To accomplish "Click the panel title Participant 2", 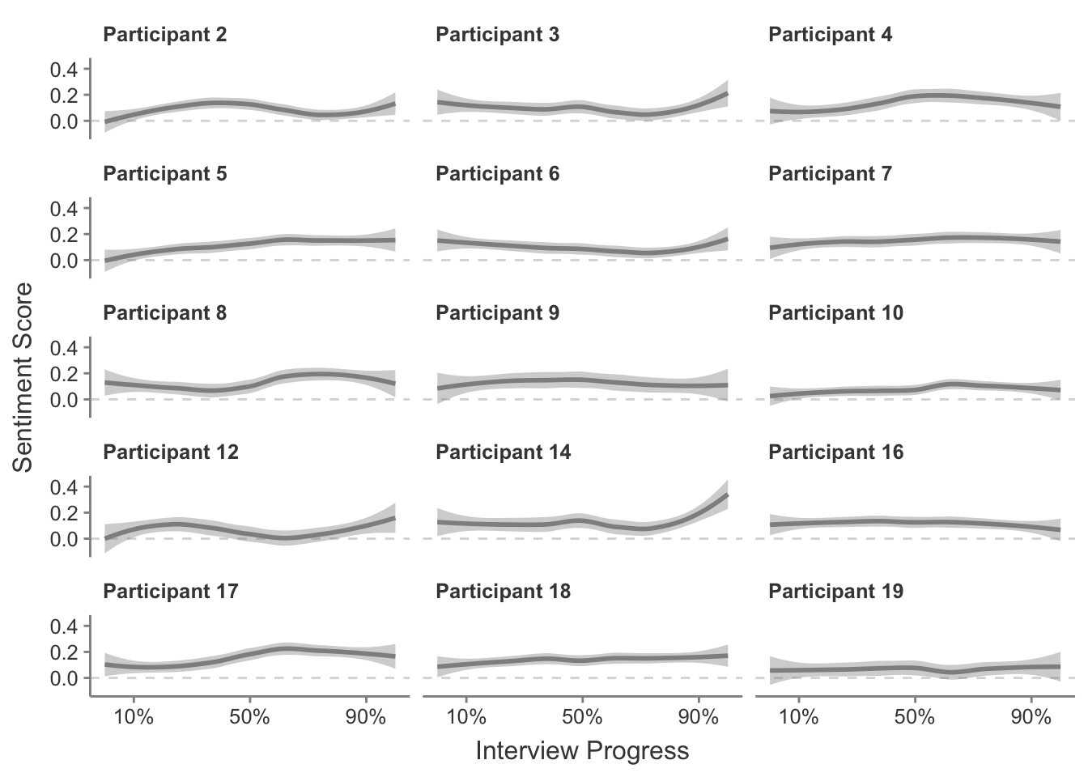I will click(165, 35).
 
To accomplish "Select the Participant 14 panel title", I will click(503, 452).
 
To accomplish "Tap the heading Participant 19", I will click(835, 592).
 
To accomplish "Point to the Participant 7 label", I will click(830, 174).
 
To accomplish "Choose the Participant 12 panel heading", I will click(171, 452).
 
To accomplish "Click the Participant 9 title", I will click(497, 313).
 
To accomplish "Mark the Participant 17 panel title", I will click(171, 592).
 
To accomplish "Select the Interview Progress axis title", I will click(582, 751).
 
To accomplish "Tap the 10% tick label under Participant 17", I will click(134, 717).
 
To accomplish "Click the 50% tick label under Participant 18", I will click(582, 717).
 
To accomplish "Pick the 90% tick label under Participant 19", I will click(1031, 717).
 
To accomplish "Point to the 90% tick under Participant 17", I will click(366, 717).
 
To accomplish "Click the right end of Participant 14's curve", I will click(727, 495).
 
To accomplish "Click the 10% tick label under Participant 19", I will click(799, 717).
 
